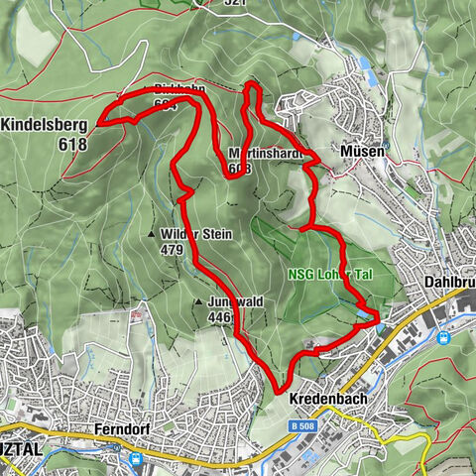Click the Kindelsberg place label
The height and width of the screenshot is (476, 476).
[x=45, y=126]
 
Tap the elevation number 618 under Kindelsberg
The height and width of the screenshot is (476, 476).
[x=72, y=144]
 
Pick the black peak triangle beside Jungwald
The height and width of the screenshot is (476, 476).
[x=199, y=301]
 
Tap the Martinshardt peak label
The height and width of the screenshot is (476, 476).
[x=264, y=155]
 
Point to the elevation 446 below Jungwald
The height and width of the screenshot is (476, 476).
[x=220, y=317]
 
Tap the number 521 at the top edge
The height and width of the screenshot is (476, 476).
[x=234, y=4]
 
